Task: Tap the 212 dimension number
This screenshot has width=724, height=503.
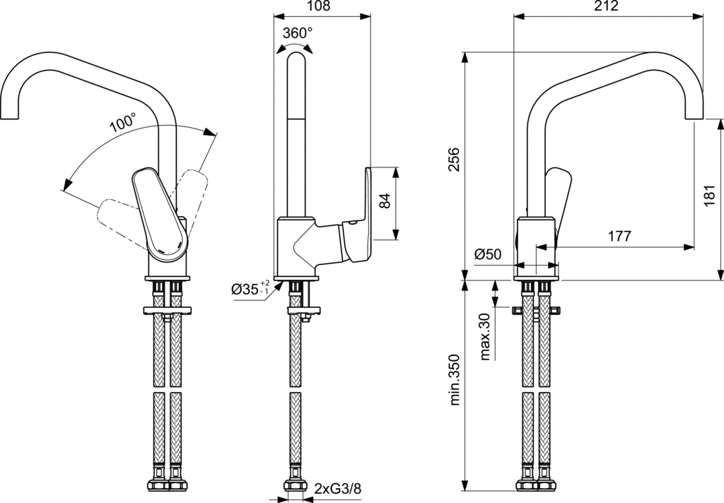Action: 607,6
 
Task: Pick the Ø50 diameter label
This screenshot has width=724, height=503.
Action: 488,254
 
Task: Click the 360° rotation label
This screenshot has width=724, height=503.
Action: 297,32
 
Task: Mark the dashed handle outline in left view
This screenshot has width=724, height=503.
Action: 191,191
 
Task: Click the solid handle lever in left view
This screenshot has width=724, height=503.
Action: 161,212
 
